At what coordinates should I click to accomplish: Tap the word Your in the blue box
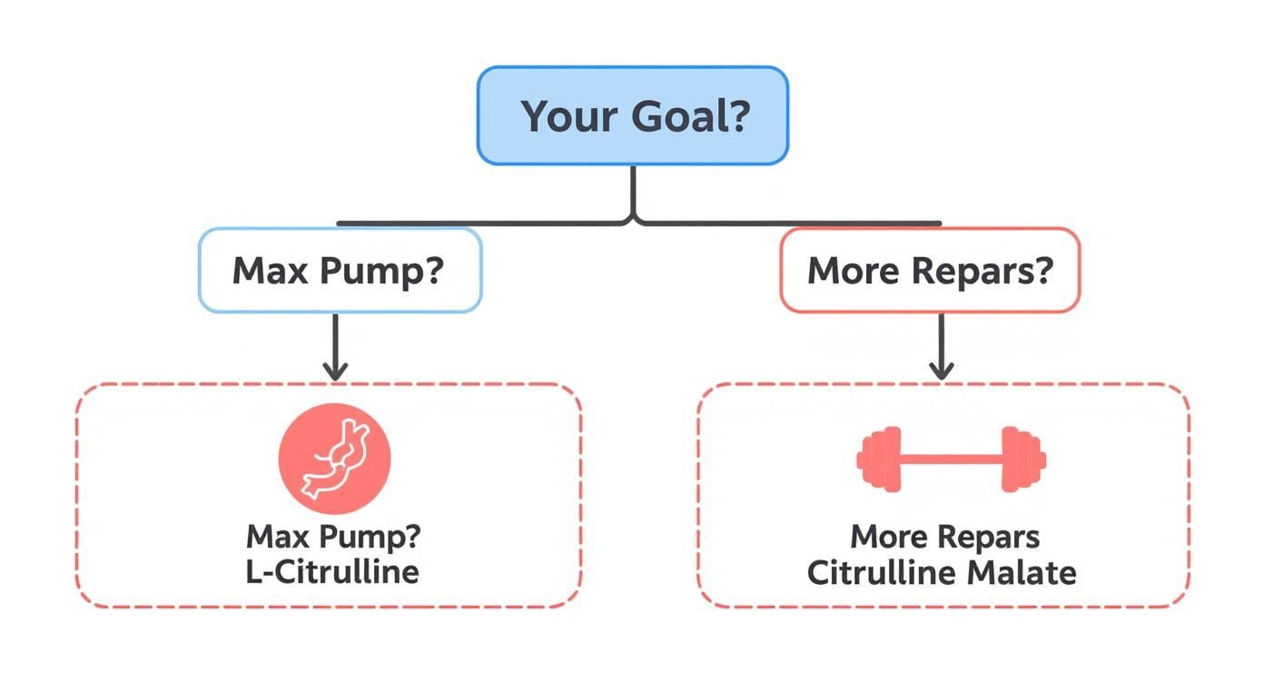(x=560, y=116)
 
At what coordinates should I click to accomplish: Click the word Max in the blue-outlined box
(x=266, y=271)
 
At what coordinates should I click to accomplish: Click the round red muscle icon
(x=334, y=459)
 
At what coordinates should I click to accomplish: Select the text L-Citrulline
(x=332, y=571)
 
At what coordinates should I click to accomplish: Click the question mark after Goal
(x=736, y=116)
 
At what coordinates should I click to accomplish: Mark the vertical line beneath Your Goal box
(x=633, y=193)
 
